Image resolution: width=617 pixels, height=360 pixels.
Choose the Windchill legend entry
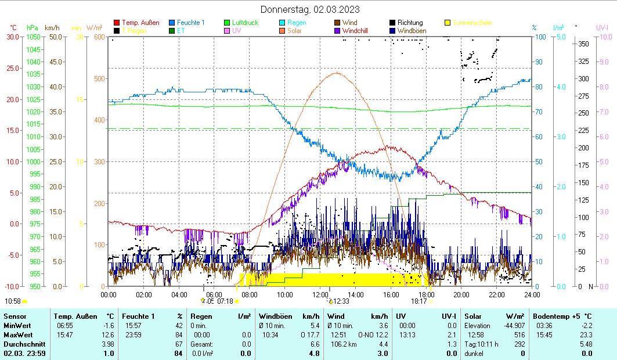coord(359,30)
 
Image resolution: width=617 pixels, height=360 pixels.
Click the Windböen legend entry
coord(411,30)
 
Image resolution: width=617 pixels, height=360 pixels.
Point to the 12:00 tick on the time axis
coord(320,294)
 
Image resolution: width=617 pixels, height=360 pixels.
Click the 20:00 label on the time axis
coord(461,294)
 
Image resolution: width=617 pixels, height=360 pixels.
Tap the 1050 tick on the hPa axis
coord(33,37)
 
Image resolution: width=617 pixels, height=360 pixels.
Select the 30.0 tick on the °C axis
coord(13,37)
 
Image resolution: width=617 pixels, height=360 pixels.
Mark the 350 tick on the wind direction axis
coord(584,44)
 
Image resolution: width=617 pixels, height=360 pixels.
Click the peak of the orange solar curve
coord(337,73)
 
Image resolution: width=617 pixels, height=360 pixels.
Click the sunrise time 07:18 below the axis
coord(225,301)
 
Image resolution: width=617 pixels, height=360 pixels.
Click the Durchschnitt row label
coord(23,344)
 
